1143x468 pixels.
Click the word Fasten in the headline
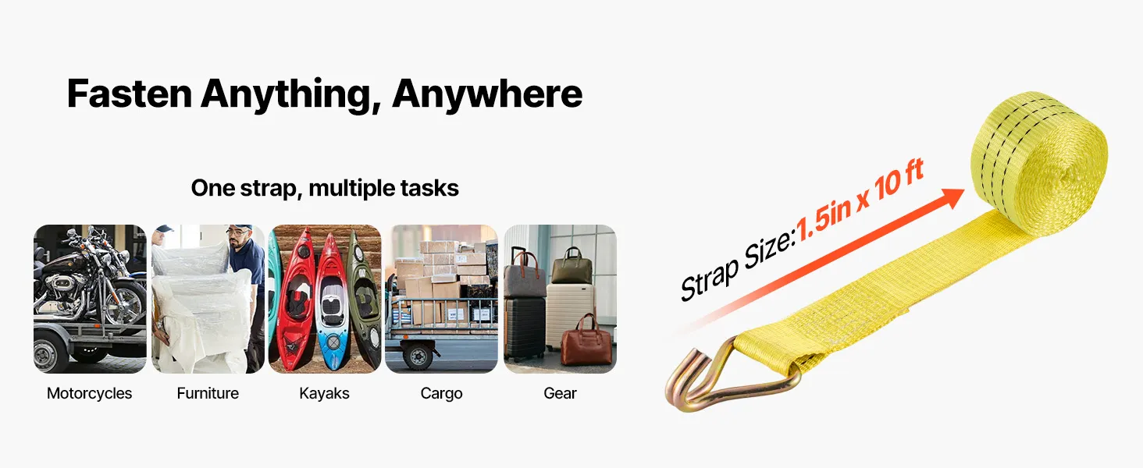pyautogui.click(x=130, y=94)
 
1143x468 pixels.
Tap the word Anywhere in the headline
pyautogui.click(x=487, y=95)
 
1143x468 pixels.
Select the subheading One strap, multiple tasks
pyautogui.click(x=325, y=188)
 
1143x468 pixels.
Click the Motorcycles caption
pyautogui.click(x=89, y=394)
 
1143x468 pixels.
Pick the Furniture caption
pyautogui.click(x=208, y=393)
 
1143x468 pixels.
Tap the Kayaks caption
pyautogui.click(x=325, y=393)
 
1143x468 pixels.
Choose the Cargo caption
pyautogui.click(x=441, y=394)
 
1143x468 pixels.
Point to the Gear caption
pyautogui.click(x=560, y=393)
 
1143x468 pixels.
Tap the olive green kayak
pyautogui.click(x=363, y=301)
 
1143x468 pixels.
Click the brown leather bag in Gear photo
pyautogui.click(x=586, y=342)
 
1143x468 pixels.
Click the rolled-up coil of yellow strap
pyautogui.click(x=1038, y=164)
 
